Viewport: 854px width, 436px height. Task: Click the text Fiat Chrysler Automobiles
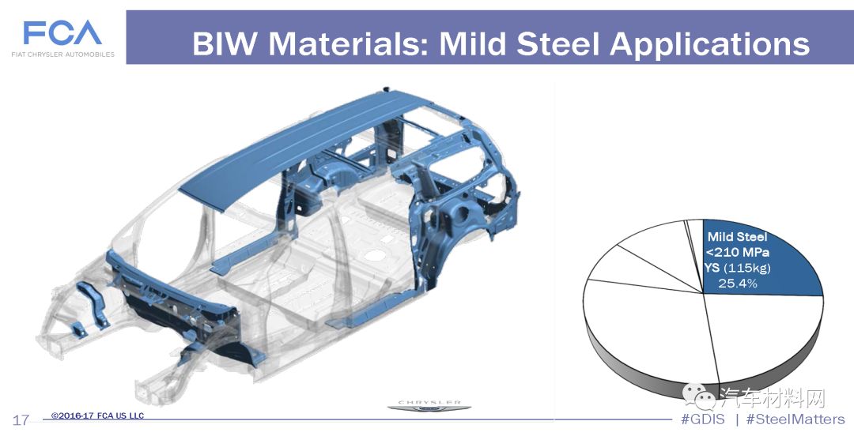(63, 54)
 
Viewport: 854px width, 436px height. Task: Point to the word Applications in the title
(709, 45)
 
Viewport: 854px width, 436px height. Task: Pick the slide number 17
(21, 419)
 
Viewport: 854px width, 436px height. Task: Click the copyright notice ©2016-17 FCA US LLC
(97, 416)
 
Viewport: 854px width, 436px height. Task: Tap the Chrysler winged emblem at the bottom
(429, 407)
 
